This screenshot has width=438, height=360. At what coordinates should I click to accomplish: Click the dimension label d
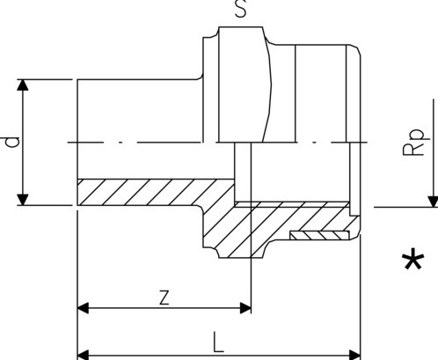coord(11,142)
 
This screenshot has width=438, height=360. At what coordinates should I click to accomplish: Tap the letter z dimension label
coord(164,297)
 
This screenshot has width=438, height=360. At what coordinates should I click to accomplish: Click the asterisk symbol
coord(411,261)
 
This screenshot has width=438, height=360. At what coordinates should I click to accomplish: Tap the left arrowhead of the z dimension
coord(84,308)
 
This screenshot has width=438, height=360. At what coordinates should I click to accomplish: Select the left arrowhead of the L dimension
coord(84,355)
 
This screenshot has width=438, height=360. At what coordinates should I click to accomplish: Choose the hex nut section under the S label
coord(242,88)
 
